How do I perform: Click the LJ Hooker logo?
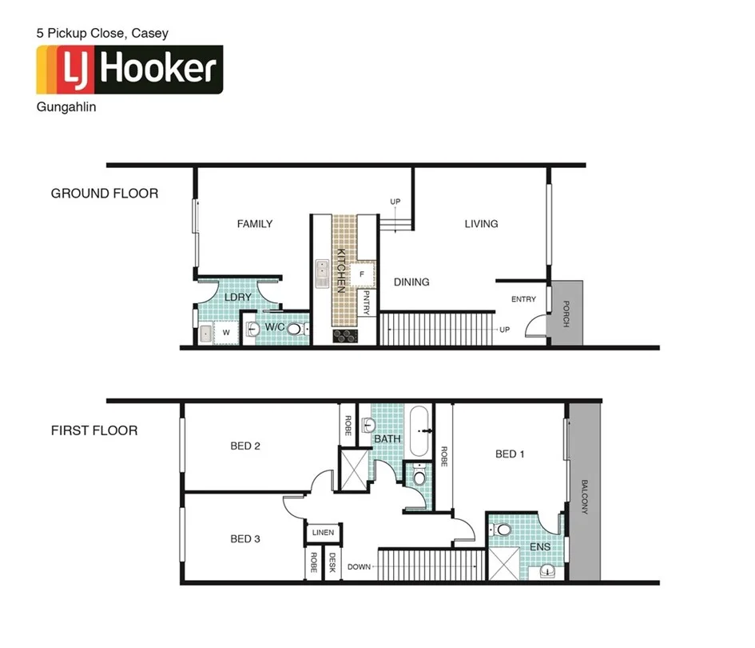129,70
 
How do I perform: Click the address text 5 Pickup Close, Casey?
102,34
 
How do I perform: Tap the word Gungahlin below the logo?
66,106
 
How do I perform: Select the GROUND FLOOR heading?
105,194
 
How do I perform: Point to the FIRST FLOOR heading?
94,430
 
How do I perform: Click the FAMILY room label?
255,224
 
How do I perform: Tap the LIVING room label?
481,224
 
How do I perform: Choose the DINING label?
411,282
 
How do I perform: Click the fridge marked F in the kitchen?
362,274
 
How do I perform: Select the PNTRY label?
366,302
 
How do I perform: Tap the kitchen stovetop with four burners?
344,337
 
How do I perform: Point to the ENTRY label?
524,299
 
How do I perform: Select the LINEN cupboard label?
324,533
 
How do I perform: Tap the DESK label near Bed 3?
332,564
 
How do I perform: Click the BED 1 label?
510,454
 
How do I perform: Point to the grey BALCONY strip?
584,496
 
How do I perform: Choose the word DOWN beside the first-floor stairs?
360,567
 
